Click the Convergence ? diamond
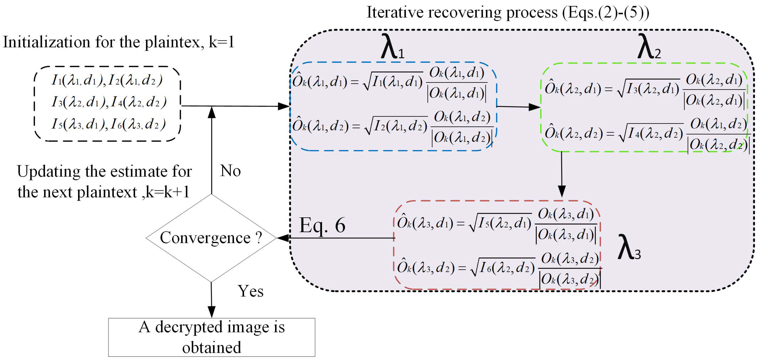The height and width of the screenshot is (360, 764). (211, 238)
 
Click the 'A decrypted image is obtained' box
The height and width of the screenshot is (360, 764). (212, 337)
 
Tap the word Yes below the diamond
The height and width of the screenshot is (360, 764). (250, 291)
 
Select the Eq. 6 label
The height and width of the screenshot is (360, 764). (322, 225)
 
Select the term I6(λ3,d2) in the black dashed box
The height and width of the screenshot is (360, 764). (138, 124)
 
